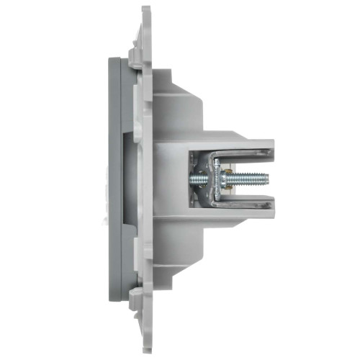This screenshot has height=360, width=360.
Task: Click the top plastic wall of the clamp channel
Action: (238, 143)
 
